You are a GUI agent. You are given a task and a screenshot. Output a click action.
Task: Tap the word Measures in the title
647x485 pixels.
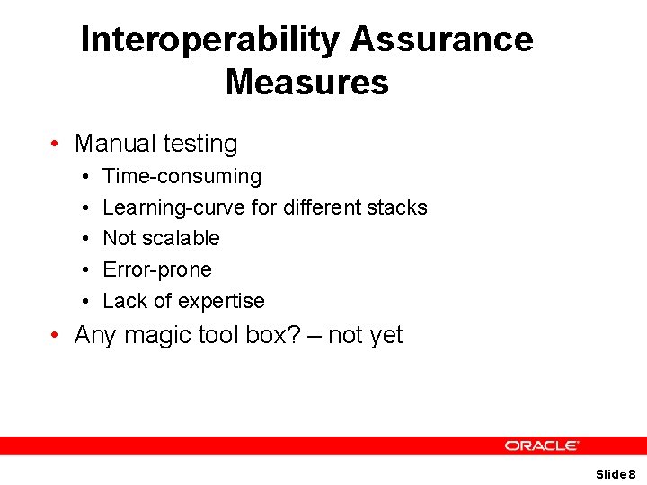point(306,83)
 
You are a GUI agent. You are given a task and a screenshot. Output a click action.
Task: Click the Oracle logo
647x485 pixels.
point(541,445)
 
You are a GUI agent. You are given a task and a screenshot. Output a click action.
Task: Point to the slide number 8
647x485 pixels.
point(632,473)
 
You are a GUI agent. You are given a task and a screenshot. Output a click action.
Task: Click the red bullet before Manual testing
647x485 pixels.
point(56,144)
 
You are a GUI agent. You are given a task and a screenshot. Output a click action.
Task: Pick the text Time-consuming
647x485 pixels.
point(182,177)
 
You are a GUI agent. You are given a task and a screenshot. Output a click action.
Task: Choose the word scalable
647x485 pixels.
point(181,238)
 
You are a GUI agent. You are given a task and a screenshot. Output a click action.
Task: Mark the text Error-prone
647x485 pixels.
point(157,269)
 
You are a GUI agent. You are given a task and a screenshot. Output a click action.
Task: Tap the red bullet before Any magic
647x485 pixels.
point(56,336)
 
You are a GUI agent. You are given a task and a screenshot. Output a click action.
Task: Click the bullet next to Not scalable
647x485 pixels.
point(82,239)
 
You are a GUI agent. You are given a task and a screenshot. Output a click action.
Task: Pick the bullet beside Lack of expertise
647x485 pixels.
point(82,301)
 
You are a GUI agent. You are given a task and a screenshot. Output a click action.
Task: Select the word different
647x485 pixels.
point(323,207)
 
